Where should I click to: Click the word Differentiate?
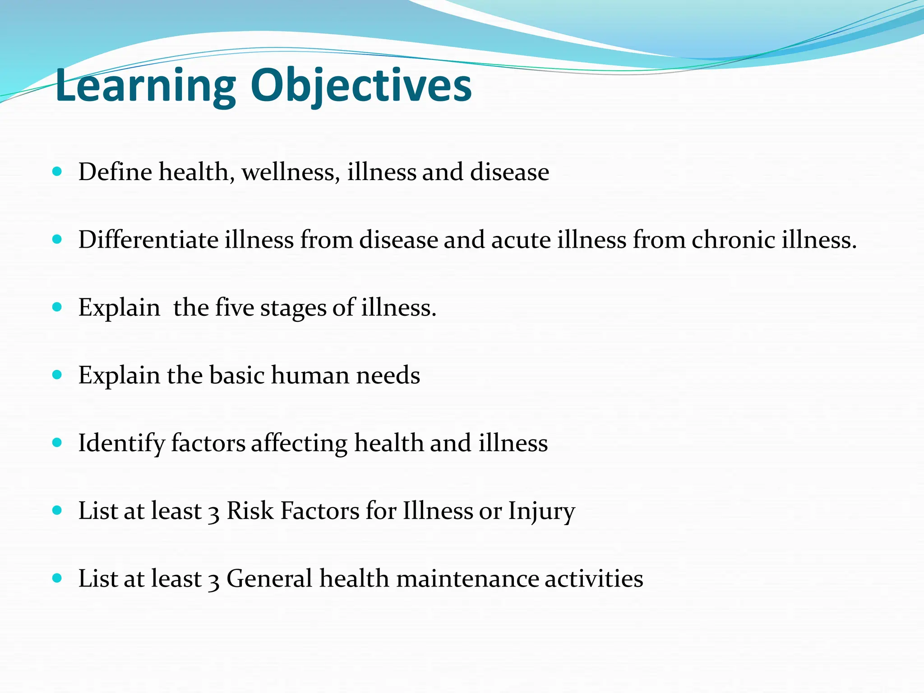coord(148,240)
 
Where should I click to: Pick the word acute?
coord(521,240)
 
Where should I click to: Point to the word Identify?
coord(121,444)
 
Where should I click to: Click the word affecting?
coord(299,444)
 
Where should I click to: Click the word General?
coord(269,579)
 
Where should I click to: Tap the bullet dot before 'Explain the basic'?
coord(57,374)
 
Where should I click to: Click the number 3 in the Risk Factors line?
coord(214,513)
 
